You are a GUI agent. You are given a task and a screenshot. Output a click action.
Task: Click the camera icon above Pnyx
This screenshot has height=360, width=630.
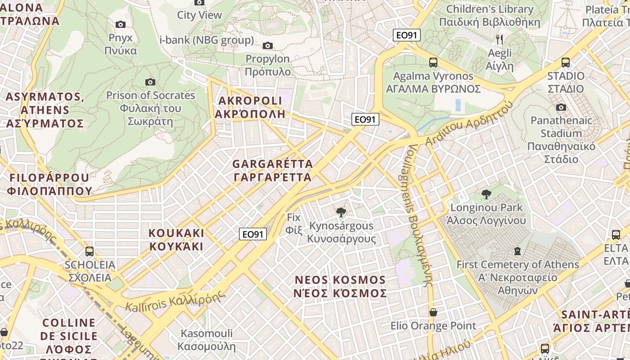click(x=120, y=24)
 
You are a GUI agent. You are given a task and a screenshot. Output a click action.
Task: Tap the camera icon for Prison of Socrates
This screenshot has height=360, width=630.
click(x=150, y=82)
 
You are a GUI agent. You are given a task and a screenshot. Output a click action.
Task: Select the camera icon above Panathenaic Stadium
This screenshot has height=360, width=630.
click(x=561, y=107)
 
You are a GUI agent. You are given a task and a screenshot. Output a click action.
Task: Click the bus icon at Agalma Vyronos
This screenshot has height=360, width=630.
click(x=433, y=63)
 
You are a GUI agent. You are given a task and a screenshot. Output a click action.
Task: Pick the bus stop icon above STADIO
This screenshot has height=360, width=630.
click(x=565, y=63)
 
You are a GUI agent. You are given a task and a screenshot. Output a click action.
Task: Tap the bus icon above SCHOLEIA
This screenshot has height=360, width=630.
click(x=90, y=251)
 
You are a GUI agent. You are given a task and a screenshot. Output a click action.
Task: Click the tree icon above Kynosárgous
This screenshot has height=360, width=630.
click(x=341, y=212)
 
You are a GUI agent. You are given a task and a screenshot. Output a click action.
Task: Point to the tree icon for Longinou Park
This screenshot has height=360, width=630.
click(x=486, y=194)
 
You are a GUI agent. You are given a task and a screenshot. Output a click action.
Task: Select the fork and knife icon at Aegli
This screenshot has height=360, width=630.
click(x=499, y=40)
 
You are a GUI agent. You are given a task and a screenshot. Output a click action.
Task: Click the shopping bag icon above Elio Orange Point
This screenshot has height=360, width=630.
click(x=433, y=312)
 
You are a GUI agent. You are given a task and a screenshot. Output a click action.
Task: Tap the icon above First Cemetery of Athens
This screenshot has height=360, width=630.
click(x=517, y=251)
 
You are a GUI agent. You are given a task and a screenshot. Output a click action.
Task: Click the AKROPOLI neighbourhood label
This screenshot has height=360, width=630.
click(x=250, y=107)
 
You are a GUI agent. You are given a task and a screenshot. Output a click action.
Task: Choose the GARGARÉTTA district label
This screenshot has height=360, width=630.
click(x=272, y=170)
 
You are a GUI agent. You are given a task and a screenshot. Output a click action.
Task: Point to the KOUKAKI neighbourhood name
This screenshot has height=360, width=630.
click(x=176, y=239)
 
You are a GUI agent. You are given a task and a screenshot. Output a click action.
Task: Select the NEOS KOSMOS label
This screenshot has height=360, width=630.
click(x=340, y=287)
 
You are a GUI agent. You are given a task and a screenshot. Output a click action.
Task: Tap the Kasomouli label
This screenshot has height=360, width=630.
click(x=207, y=340)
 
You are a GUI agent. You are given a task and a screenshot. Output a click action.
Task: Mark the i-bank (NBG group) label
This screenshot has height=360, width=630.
click(x=207, y=40)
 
